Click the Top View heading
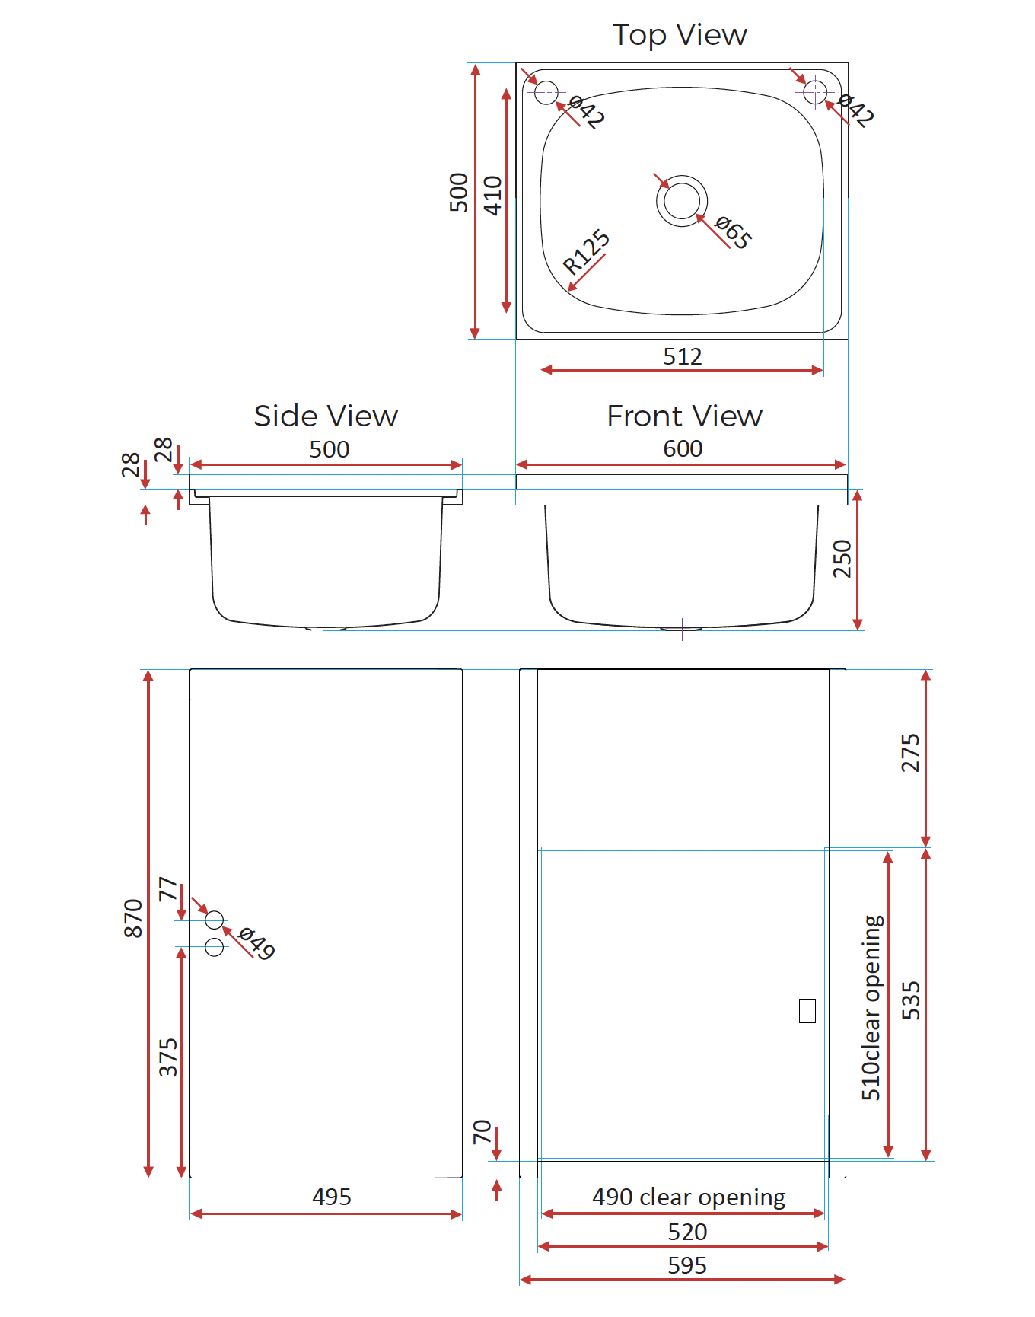point(680,36)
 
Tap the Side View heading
point(326,416)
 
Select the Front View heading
point(684,416)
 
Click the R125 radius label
point(586,251)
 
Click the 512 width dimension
point(683,356)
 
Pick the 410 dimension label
point(493,196)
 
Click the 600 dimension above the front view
point(683,449)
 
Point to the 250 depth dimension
point(842,559)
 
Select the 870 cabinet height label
point(133,918)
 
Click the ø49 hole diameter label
point(256,943)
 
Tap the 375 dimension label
point(168,1057)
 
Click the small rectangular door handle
point(807,1010)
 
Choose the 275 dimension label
point(910,753)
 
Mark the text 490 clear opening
point(689,1197)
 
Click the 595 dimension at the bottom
point(687,1265)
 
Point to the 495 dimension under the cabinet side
point(332,1197)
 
